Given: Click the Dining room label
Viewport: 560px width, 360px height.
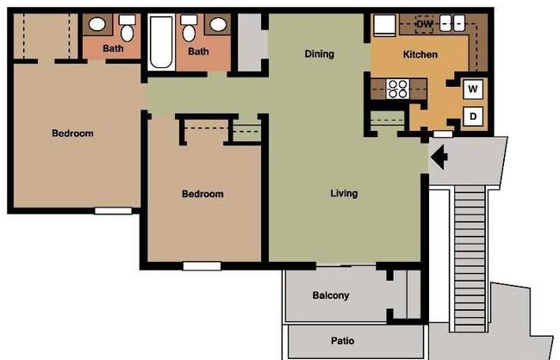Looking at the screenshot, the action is click(x=320, y=54).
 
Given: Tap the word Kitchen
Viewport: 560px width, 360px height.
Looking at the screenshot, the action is click(x=420, y=54).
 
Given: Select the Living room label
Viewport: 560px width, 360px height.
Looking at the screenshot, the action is click(x=344, y=193).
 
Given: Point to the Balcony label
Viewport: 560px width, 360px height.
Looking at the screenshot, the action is click(x=331, y=295).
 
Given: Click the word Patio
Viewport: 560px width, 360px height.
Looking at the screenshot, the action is click(x=343, y=341).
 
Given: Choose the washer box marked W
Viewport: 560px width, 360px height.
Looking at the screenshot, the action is click(x=473, y=89).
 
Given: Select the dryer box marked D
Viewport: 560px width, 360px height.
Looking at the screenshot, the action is click(x=473, y=116).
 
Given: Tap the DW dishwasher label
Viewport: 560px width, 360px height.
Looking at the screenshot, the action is click(x=424, y=24).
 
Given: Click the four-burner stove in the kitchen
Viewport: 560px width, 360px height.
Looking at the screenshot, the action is click(x=398, y=89).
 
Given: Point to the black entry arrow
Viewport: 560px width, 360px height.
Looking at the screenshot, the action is click(x=439, y=157).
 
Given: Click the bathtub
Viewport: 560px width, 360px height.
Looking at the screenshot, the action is click(x=161, y=42).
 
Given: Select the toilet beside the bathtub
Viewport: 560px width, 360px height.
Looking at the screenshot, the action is click(x=189, y=28).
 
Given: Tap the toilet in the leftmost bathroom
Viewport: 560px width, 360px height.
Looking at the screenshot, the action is click(x=128, y=28).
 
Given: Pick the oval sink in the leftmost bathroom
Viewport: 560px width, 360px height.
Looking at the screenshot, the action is click(x=97, y=25).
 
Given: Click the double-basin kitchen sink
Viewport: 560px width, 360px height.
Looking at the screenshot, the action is click(x=452, y=23).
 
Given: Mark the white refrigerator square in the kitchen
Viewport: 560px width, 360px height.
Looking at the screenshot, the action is click(x=384, y=25).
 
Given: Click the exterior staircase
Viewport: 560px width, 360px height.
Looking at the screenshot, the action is click(x=470, y=258).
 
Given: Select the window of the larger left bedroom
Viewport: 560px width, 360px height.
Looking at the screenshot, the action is click(x=113, y=211).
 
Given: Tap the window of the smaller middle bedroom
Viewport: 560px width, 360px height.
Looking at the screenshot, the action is click(x=202, y=266).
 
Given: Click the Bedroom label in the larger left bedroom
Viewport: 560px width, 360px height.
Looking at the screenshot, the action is click(x=72, y=133).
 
